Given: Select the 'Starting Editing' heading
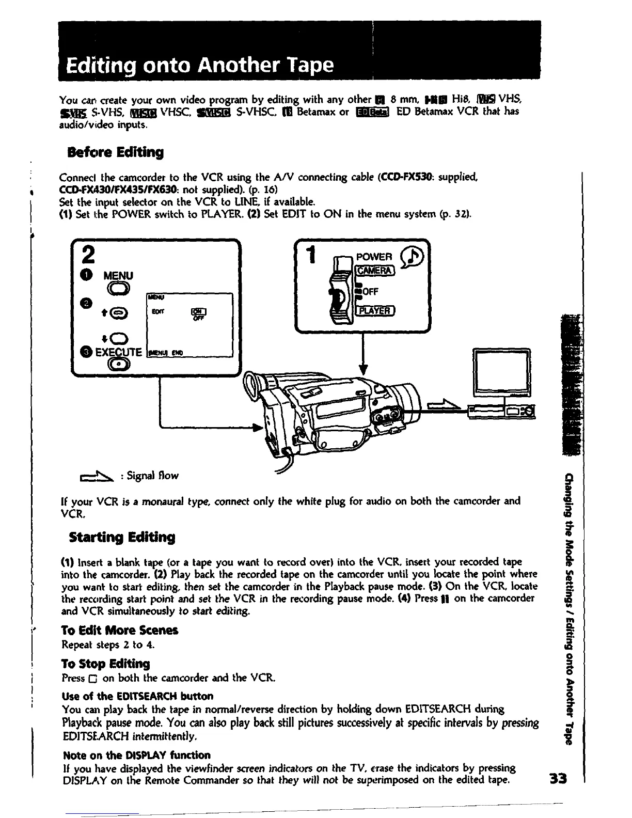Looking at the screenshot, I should (122, 537).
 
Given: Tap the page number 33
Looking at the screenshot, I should (559, 778).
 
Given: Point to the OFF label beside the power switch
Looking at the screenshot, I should (371, 291).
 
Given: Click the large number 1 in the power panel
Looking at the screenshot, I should (310, 257).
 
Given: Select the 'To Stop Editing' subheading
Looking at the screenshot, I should (105, 664).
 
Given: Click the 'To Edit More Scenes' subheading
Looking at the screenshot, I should (119, 630).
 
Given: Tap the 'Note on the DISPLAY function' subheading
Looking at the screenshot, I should (136, 755).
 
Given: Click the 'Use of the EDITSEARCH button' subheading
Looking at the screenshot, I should (137, 696).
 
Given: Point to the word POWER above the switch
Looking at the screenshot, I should (374, 257).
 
